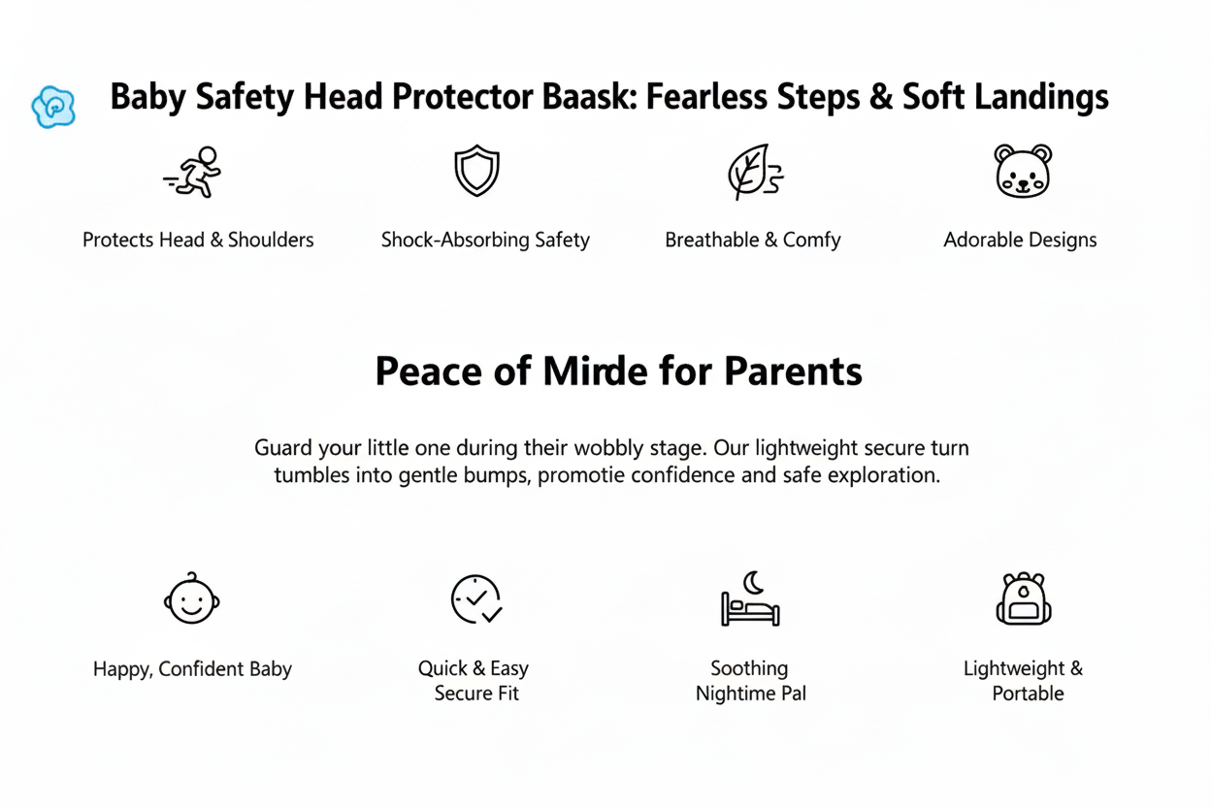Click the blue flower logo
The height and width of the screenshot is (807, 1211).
(x=53, y=107)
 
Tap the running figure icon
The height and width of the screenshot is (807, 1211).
(x=192, y=172)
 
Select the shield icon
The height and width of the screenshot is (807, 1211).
(x=476, y=171)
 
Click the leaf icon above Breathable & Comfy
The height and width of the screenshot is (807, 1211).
(x=755, y=172)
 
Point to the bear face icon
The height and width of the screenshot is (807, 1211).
(x=1023, y=171)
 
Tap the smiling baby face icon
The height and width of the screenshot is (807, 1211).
(x=192, y=598)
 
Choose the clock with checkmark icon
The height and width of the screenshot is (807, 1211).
(x=476, y=598)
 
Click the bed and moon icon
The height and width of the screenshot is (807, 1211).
(x=750, y=598)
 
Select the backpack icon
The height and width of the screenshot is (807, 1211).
(x=1024, y=598)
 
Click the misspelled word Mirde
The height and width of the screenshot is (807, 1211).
(x=595, y=371)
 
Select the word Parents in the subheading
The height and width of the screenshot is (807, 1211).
(x=793, y=371)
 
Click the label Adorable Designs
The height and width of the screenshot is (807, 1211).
(x=1020, y=240)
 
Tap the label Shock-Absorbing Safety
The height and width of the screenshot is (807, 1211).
(x=485, y=240)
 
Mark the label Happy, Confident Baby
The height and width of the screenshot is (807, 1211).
(x=192, y=669)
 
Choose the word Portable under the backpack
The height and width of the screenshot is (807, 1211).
(x=1028, y=694)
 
